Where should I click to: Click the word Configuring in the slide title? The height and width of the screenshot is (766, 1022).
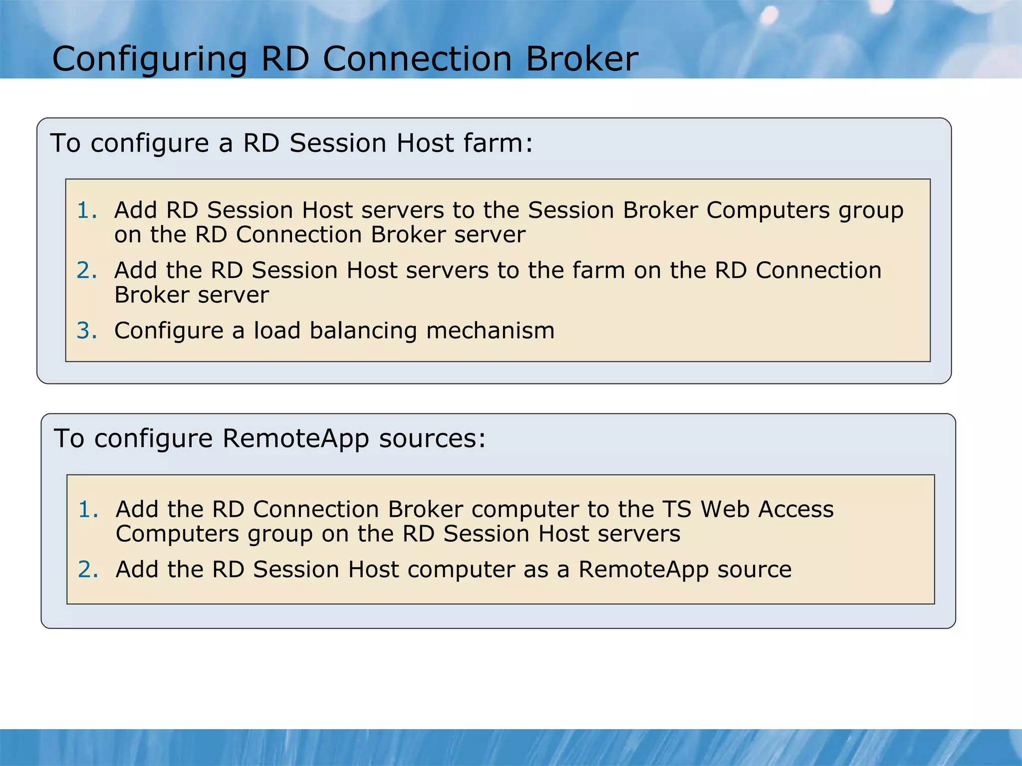[149, 59]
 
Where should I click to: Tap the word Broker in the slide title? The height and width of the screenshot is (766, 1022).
[582, 59]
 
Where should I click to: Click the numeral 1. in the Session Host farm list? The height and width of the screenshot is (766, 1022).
[87, 210]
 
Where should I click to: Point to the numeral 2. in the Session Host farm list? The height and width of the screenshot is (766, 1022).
[87, 270]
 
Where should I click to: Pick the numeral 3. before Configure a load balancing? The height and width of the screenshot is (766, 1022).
[87, 331]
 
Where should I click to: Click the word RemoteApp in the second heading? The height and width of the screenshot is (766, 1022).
[295, 439]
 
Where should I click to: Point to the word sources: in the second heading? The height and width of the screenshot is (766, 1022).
[432, 439]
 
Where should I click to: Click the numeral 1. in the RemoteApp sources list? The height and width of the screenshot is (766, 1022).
[88, 509]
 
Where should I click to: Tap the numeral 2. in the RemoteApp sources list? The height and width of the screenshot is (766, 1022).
[88, 570]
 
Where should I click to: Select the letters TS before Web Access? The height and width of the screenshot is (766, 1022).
[677, 509]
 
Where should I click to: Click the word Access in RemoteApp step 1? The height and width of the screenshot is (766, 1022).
[796, 509]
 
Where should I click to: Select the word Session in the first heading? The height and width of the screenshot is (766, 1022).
[338, 143]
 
